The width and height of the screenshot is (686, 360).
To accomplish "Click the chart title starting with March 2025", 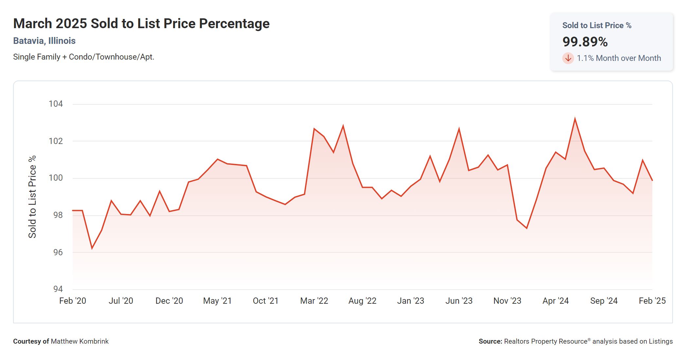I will click(x=141, y=24).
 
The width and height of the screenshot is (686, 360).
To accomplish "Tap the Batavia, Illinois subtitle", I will click(x=44, y=41).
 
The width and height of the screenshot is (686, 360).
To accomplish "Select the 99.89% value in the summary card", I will click(x=585, y=42).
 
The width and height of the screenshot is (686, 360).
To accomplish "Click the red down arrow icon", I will click(x=568, y=58).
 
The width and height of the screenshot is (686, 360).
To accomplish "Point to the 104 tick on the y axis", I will click(x=56, y=104).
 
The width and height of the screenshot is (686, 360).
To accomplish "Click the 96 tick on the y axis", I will click(x=58, y=252).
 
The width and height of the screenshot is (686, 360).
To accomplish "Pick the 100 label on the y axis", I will click(x=56, y=178).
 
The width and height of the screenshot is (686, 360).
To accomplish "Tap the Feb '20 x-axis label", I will click(x=72, y=301).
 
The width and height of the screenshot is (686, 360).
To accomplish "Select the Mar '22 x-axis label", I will click(x=314, y=301).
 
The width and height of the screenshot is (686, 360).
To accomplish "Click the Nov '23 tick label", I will click(x=507, y=301).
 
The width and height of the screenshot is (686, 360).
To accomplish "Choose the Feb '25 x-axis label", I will click(x=652, y=301).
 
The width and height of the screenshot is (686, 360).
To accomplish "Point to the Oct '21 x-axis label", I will click(x=265, y=301).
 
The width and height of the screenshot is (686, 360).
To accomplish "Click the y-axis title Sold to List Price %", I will click(x=32, y=197).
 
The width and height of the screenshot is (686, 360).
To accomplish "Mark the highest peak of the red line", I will click(x=575, y=119).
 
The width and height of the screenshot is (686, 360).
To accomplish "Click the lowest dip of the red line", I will click(x=92, y=248).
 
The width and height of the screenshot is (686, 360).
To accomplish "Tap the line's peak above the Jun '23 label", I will click(x=459, y=129).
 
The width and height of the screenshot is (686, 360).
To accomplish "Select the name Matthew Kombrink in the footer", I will click(x=80, y=341).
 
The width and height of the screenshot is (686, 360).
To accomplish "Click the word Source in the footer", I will click(x=490, y=341).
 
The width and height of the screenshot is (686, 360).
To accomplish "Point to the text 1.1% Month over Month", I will click(x=619, y=58).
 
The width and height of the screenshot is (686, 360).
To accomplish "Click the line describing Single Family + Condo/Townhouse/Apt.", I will click(x=83, y=57).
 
